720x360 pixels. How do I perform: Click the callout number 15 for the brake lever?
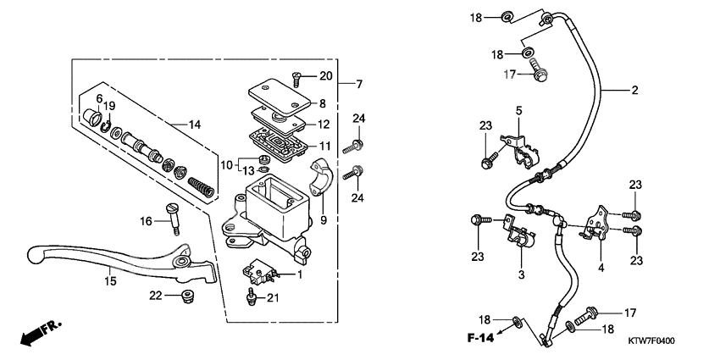tap(109, 280)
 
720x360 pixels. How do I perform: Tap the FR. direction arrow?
tap(33, 332)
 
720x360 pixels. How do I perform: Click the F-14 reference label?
tap(480, 338)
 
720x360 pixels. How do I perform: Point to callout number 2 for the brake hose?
tap(634, 89)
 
